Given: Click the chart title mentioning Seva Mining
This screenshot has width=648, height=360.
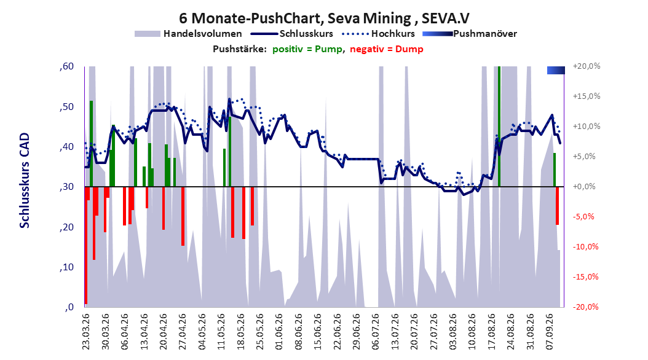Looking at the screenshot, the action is pos(324,18).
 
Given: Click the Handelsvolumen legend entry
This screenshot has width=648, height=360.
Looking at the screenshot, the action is pos(188,34).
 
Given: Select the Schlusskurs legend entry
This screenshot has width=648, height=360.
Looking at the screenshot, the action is pos(293,34).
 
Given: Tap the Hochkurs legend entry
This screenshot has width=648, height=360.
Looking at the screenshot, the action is pos(379,34).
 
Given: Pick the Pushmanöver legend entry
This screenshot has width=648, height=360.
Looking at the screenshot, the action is pos(470,34).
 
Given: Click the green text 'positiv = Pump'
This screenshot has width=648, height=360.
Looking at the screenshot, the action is pos(307,49).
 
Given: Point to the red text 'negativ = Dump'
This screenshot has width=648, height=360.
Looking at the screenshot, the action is pos(387,49).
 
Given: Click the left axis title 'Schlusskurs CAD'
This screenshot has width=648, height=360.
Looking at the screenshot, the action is pos(25,181).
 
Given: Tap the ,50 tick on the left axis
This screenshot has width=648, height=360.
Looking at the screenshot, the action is pos(66,107).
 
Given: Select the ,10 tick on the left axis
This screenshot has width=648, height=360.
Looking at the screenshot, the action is pos(66,267).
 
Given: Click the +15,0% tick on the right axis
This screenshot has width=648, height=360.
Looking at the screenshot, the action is pos(587,96).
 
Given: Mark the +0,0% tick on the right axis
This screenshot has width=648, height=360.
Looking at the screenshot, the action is pos(584,187).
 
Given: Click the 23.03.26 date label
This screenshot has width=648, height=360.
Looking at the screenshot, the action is pos(85,332).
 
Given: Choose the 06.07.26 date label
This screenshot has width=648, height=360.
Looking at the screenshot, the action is pos(376,332).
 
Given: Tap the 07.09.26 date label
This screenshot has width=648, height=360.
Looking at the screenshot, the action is pos(550,332).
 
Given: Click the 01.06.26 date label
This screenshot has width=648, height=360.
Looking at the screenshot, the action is pos(279,332).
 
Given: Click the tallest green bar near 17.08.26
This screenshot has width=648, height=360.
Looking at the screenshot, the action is pos(499,127).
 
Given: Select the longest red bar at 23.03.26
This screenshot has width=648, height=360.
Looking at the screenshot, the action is pos(86,245).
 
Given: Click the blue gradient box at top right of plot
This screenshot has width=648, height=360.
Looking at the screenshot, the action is pos(556,70).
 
